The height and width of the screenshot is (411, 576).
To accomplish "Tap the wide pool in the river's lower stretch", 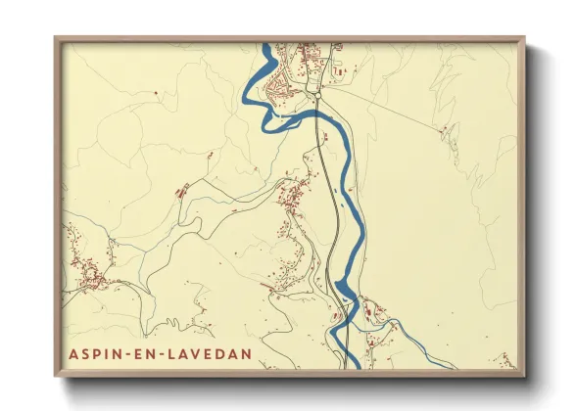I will click(344, 289).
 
